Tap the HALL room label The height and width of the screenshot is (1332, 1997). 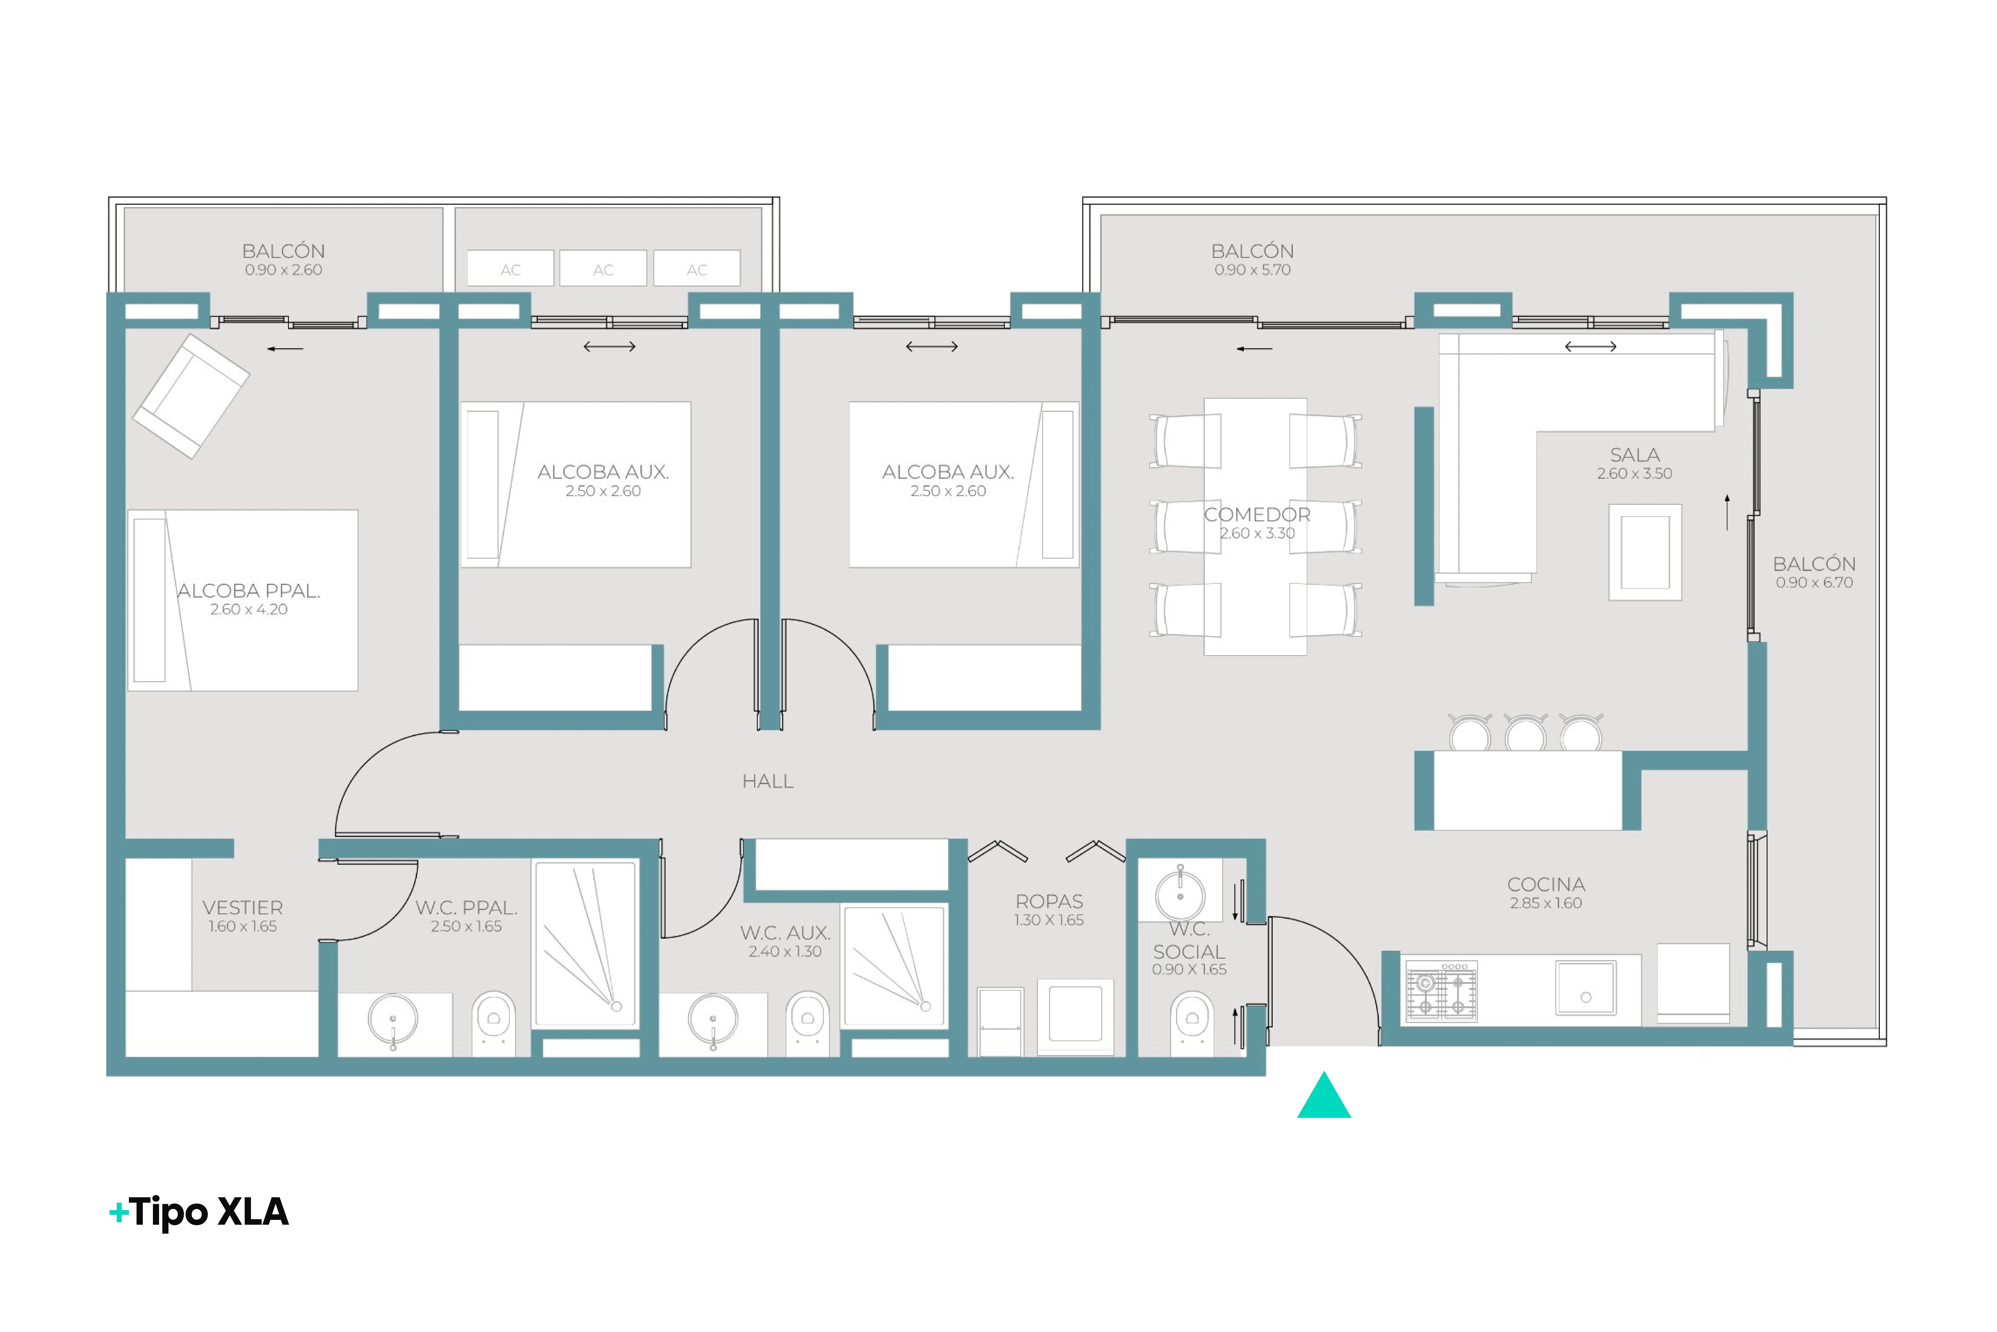pyautogui.click(x=767, y=782)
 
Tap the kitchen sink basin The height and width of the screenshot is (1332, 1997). pyautogui.click(x=1586, y=988)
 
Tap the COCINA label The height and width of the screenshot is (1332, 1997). pyautogui.click(x=1546, y=884)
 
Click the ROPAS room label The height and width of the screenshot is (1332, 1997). pyautogui.click(x=1050, y=901)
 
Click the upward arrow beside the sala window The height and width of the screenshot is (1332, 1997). pyautogui.click(x=1728, y=512)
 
